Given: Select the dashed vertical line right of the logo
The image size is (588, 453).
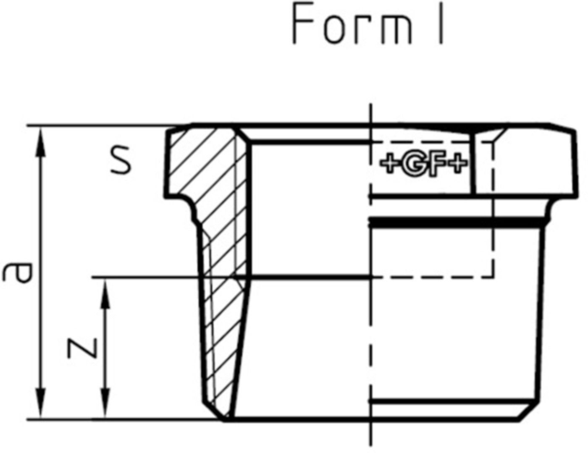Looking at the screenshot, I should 493,210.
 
